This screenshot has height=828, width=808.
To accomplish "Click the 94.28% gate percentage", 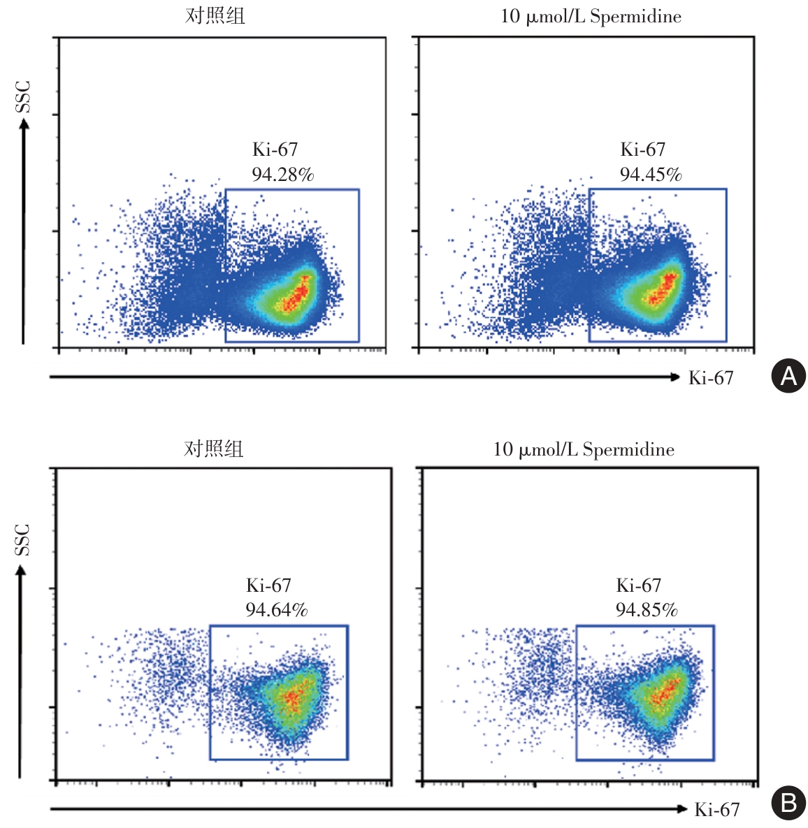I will coord(282,175).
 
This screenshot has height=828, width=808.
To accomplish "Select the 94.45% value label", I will coord(650,175).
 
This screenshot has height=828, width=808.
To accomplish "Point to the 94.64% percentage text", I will coord(276,610).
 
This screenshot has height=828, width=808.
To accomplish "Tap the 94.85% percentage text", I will coord(646,610).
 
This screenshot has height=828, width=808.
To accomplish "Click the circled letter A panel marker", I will coord(788,376).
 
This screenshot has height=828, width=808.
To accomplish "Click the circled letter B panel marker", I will coord(788,804).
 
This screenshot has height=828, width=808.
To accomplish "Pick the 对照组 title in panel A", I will coord(215,16).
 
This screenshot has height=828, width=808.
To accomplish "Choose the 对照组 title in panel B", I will coord(213,449).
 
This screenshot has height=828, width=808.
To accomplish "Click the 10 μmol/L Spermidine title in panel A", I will coord(591,17).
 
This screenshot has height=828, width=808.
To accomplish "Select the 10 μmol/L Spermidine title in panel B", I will coord(584,449).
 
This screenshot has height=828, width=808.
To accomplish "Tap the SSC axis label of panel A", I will coord(24,96).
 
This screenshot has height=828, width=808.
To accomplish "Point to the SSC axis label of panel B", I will coord(23,539).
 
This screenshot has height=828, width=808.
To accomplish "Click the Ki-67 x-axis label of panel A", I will coord(711,378).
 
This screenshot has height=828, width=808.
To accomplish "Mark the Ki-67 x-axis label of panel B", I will coord(717,810).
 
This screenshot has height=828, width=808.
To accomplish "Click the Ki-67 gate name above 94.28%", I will coord(275,150).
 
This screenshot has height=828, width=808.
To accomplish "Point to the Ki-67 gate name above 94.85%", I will coord(638,586).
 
